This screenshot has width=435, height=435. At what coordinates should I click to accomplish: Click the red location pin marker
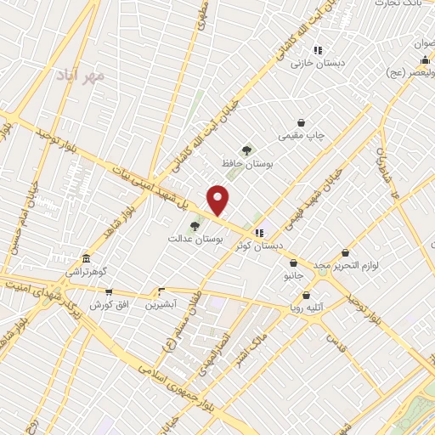[x=218, y=199]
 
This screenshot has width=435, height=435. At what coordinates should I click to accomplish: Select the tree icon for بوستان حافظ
[x=246, y=150]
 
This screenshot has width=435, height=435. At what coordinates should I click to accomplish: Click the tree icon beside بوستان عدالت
[x=195, y=226]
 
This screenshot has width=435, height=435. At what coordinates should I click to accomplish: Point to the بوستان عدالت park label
[x=195, y=240]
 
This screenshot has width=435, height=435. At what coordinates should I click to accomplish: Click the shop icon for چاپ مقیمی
[x=301, y=122]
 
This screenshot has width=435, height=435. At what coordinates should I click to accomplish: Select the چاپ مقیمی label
[x=302, y=135]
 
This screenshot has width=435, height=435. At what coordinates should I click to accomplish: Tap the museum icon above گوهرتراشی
[x=86, y=258]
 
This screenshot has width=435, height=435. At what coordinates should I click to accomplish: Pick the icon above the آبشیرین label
[x=161, y=291]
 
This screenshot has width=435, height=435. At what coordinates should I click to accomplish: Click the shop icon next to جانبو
[x=293, y=263]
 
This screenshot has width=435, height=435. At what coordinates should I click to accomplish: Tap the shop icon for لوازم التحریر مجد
[x=345, y=252]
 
